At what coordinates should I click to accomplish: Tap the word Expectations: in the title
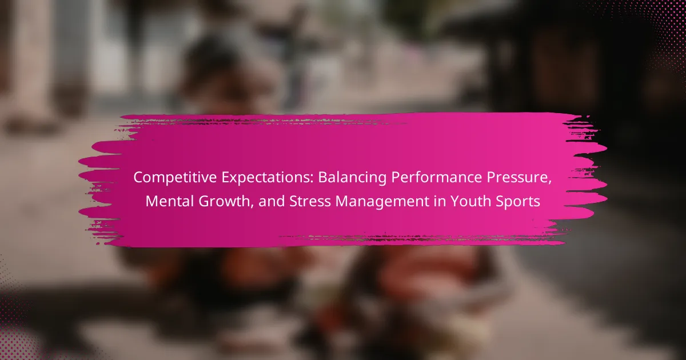coord(268,178)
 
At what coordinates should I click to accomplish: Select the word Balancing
coord(352,178)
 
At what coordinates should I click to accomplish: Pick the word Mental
coord(169,201)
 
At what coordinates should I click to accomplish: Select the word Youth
coord(470,201)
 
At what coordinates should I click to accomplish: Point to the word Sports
coord(518,202)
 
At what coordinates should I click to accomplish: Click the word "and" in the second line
coord(272,201)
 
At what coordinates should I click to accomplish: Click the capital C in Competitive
coord(139,177)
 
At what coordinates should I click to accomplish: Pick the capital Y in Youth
coord(455,201)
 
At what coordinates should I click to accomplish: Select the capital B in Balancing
coord(323,177)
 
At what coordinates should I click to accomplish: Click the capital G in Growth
coord(204,201)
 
